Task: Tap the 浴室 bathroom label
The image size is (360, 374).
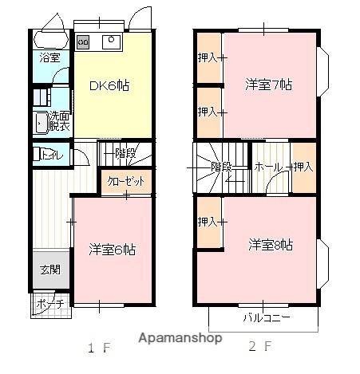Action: pos(49,57)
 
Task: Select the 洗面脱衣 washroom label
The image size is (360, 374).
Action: pos(57,120)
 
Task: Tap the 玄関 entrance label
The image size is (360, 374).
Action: pos(49,270)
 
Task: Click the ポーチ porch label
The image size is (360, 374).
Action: pos(49,303)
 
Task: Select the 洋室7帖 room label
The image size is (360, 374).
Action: pos(263,85)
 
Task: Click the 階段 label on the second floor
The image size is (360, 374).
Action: pos(222,167)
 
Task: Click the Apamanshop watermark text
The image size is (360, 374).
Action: pos(180,338)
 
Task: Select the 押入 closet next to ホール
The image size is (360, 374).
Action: pos(303,167)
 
